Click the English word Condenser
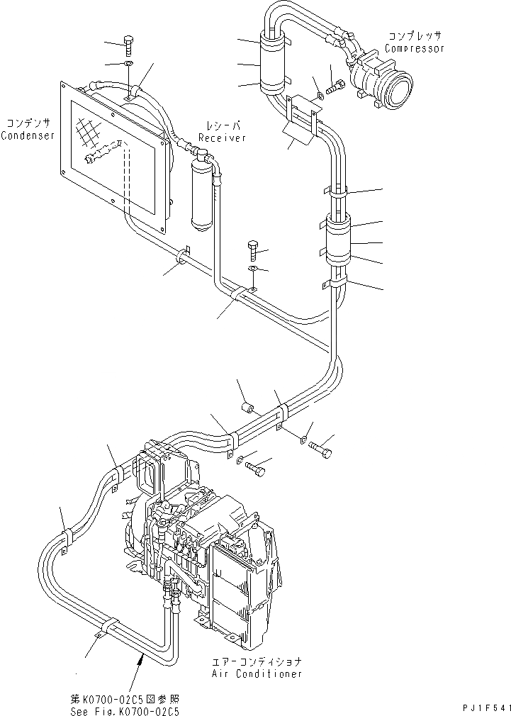[28, 135]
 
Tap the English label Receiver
[222, 138]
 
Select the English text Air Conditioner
[257, 673]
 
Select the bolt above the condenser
[128, 45]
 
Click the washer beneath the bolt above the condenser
[128, 65]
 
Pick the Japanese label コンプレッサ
[414, 36]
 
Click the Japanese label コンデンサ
[28, 123]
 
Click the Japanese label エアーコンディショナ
[257, 661]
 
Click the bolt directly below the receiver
[256, 250]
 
